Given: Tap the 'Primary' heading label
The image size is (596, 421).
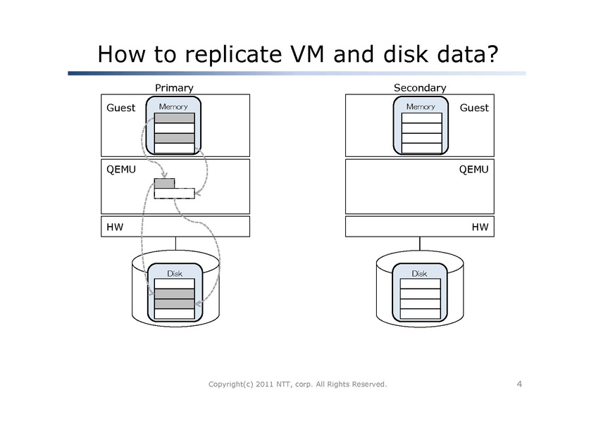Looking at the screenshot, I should [x=173, y=88].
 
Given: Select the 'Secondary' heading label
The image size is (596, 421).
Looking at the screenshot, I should [x=419, y=88].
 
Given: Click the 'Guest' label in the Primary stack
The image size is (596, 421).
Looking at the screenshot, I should [x=120, y=108].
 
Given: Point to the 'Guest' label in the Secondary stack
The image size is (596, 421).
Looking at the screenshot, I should [x=473, y=108].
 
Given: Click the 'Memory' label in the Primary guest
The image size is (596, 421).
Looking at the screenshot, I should [x=173, y=106].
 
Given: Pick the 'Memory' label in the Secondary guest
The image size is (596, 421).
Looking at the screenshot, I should [x=421, y=106].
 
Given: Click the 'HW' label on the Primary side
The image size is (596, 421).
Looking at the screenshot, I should [x=114, y=226].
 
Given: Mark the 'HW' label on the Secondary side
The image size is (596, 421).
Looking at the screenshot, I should [x=480, y=226].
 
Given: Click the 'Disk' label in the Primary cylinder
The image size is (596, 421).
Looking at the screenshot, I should [x=174, y=273].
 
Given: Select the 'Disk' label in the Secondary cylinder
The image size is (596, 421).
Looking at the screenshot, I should [x=420, y=273].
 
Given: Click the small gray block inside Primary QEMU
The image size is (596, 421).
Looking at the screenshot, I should [x=164, y=184].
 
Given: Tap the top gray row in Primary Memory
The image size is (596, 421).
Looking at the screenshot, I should [x=174, y=118].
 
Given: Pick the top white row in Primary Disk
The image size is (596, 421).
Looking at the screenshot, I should [x=174, y=284].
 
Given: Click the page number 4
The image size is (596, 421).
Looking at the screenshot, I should [x=519, y=384].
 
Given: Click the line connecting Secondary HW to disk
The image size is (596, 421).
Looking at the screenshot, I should [x=420, y=244].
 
